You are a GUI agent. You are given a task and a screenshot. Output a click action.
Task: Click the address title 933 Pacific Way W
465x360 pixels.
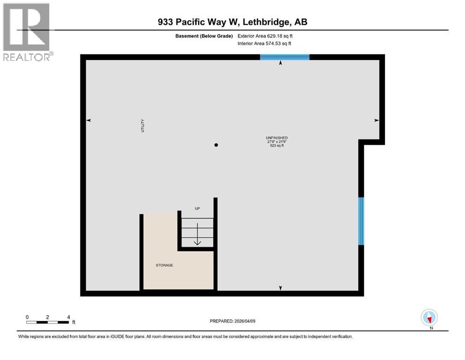click(232, 22)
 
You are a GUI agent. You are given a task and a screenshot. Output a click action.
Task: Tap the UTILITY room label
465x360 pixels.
click(143, 125)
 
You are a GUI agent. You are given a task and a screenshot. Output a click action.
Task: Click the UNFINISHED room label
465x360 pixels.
click(277, 137)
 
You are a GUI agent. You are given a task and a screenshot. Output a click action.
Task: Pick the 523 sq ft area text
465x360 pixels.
click(277, 146)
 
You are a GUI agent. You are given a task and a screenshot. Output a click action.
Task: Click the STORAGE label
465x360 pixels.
click(164, 265)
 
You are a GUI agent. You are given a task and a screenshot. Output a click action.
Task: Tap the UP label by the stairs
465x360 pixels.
click(197, 209)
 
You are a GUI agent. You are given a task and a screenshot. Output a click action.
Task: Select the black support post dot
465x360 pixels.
click(216, 145)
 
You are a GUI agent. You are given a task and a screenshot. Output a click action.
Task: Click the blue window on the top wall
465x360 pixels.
click(285, 57)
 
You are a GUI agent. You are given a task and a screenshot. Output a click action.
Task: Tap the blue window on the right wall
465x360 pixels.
click(361, 221)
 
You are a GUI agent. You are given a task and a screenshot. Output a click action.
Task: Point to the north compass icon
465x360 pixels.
click(429, 318)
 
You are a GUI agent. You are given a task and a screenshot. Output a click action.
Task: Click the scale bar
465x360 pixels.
click(48, 322)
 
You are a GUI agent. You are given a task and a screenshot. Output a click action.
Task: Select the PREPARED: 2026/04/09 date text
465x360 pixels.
click(232, 321)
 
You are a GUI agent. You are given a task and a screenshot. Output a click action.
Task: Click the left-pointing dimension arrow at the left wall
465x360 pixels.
click(89, 120)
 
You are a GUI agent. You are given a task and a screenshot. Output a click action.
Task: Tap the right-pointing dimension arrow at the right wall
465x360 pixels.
click(376, 120)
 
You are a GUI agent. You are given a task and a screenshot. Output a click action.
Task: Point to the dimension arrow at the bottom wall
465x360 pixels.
click(280, 288)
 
